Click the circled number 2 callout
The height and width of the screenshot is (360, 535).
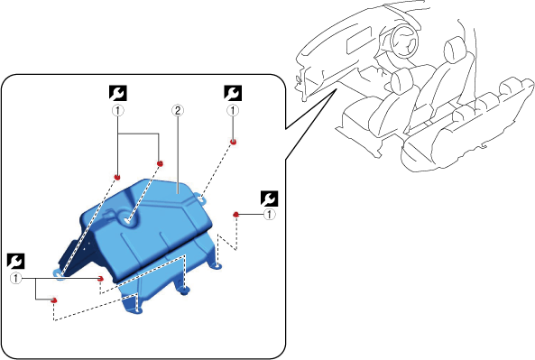point(178,111)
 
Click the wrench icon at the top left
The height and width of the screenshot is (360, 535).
point(117,93)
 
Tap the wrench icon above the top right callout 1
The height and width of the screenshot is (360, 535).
point(233,93)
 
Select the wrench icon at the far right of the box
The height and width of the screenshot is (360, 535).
point(269,198)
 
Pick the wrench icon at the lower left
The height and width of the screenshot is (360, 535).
point(15,261)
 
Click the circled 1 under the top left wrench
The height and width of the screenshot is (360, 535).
point(117,111)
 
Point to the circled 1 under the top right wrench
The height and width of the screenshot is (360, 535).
point(233,111)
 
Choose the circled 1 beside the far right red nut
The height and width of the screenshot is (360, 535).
point(270,215)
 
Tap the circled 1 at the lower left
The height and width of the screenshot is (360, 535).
point(15,279)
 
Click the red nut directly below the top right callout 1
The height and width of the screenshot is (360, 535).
point(234,142)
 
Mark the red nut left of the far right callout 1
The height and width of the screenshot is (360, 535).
point(235,215)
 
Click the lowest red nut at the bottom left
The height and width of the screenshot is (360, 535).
point(53,300)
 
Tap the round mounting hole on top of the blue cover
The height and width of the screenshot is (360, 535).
point(127,221)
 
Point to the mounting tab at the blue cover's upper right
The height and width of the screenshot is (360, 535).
point(200,198)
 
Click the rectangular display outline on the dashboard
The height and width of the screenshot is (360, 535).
point(359,40)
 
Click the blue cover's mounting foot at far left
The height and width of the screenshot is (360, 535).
point(59,274)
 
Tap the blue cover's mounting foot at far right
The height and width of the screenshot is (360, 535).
point(217,265)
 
